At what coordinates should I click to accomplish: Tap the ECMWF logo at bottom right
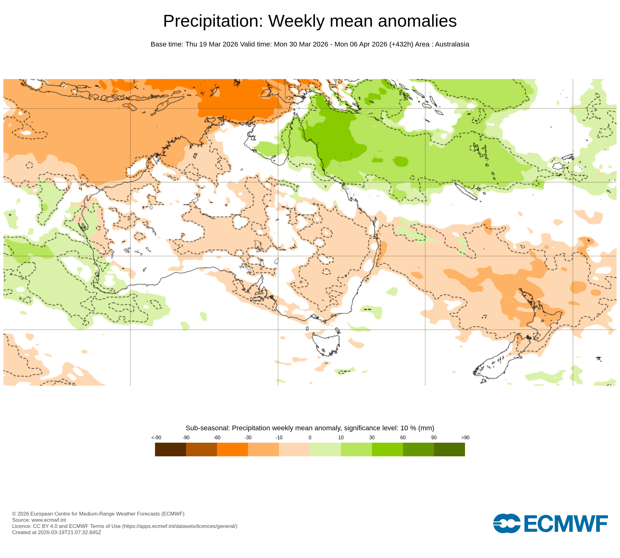[550, 524]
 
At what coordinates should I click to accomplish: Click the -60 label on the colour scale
[217, 437]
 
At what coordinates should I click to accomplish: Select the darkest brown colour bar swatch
[170, 449]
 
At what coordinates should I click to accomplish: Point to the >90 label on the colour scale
[465, 437]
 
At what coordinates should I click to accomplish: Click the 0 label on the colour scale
[310, 437]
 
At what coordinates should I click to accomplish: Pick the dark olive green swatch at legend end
[449, 449]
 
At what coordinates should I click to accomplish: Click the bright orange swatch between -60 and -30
[232, 449]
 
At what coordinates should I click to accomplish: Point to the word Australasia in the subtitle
[452, 44]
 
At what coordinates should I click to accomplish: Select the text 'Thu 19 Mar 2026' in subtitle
[211, 44]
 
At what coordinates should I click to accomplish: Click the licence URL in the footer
[180, 526]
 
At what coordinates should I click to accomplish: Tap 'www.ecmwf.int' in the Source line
[49, 520]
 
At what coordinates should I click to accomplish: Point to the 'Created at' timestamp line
[56, 532]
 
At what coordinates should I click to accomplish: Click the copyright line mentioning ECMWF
[98, 514]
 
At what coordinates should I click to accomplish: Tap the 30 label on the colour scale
[372, 437]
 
